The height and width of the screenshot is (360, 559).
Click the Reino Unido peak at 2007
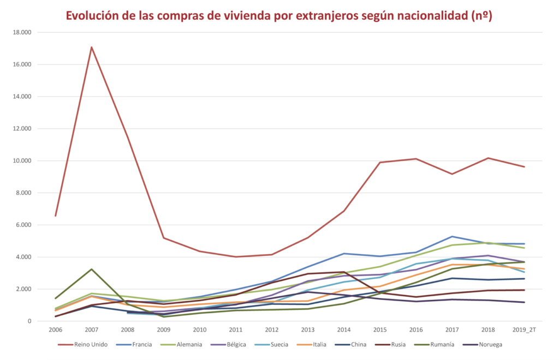[91, 47]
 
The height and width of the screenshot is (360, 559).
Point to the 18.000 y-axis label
[22, 32]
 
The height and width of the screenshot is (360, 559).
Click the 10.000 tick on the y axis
[22, 161]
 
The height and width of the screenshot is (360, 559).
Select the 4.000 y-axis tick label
[24, 257]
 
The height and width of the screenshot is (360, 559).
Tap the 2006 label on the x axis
[55, 329]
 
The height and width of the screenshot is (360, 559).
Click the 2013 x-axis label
[307, 329]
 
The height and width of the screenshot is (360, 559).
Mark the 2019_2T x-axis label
[525, 329]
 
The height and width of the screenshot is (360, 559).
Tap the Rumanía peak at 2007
[91, 269]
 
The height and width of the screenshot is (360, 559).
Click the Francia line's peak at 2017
[452, 236]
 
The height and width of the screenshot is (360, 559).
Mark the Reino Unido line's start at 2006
[55, 216]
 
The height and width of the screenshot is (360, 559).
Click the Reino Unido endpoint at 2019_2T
[525, 167]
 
